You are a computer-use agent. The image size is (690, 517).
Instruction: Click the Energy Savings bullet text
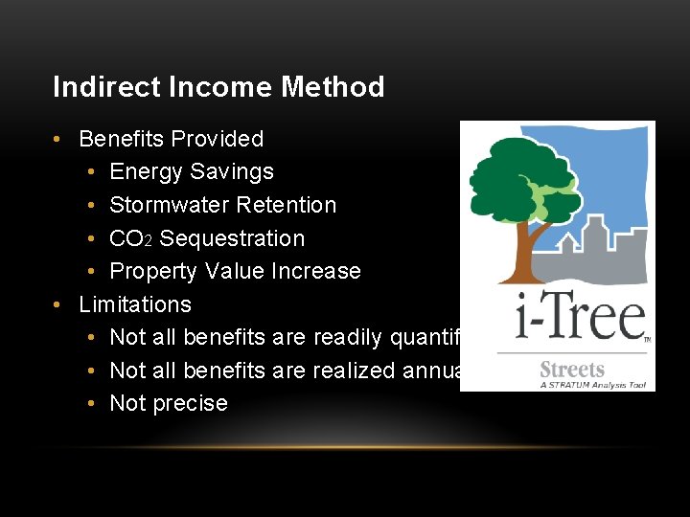192,172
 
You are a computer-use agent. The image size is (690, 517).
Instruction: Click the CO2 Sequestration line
207,238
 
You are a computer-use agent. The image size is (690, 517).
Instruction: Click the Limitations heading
135,304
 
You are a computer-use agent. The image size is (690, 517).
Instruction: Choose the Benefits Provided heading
171,139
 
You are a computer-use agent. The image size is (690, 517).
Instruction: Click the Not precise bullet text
169,403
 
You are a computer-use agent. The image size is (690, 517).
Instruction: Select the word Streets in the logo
572,370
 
